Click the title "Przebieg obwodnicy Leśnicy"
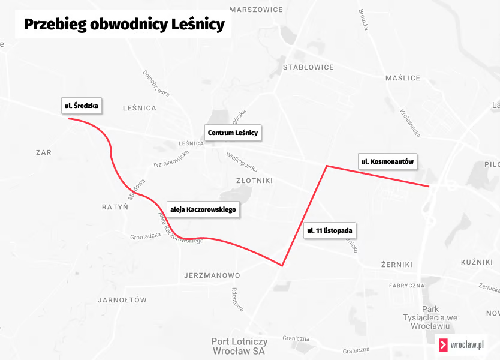(124, 25)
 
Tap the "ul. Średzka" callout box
(81, 106)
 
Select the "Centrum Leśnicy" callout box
(233, 133)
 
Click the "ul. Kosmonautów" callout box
(387, 161)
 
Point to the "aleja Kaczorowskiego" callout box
(204, 210)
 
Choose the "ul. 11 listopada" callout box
(330, 230)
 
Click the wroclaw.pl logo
(461, 345)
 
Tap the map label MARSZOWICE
(256, 10)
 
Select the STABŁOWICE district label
(308, 68)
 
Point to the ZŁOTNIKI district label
(254, 181)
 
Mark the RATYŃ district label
(115, 207)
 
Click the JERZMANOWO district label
(210, 276)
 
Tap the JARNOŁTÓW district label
(122, 299)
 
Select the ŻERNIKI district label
(397, 265)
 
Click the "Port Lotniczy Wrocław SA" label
(238, 346)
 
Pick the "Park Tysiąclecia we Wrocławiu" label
(430, 317)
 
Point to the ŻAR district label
(44, 152)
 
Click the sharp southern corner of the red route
(282, 265)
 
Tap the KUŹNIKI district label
(477, 263)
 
